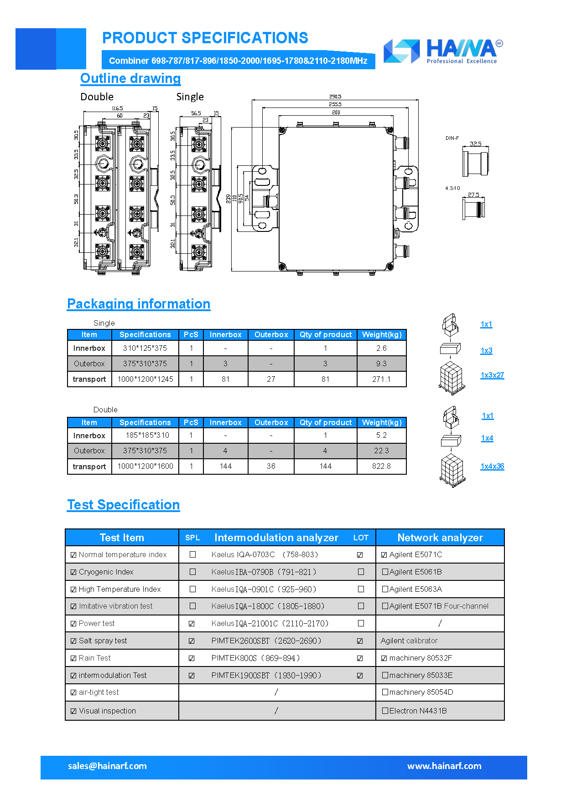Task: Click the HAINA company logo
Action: [x=443, y=51]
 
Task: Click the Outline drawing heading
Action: [x=130, y=78]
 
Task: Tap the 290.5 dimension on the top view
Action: [x=335, y=97]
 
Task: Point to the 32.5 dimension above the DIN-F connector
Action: [x=476, y=144]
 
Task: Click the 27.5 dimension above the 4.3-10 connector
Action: [x=473, y=195]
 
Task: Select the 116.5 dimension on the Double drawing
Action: [x=117, y=108]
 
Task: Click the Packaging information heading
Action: [x=139, y=304]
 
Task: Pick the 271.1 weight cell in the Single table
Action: [x=381, y=379]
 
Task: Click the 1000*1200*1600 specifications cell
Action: [x=145, y=467]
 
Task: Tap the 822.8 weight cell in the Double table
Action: [x=381, y=467]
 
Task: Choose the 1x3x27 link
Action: [x=492, y=375]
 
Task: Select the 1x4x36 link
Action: [x=492, y=467]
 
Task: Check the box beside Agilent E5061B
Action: [x=385, y=572]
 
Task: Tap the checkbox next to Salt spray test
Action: [x=73, y=641]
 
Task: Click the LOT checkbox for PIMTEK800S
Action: [x=360, y=658]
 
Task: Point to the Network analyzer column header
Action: [x=440, y=538]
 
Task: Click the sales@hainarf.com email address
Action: [x=107, y=766]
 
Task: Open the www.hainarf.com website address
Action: [x=444, y=766]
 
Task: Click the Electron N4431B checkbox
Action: [x=385, y=711]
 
